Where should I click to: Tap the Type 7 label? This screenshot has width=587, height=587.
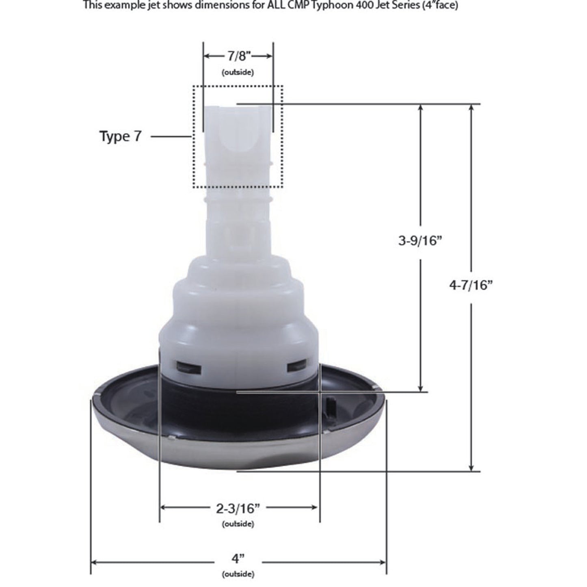[x=121, y=136]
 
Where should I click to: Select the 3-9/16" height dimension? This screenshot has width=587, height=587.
[x=420, y=241]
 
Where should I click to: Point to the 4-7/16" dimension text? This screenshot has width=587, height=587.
[x=471, y=286]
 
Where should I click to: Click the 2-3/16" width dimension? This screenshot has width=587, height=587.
[x=238, y=508]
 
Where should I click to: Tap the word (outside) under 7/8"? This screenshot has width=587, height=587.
[x=238, y=72]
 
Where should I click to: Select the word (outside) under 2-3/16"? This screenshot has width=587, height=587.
[x=238, y=524]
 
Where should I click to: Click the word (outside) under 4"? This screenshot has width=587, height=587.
[x=238, y=574]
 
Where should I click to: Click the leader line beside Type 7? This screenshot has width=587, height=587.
[x=171, y=137]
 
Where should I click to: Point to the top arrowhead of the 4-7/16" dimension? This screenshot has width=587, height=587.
[x=471, y=108]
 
